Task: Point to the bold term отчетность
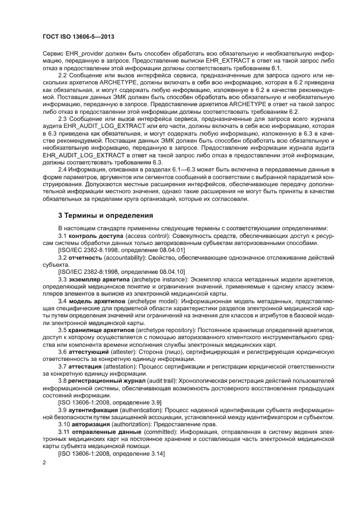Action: pos(86,256)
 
